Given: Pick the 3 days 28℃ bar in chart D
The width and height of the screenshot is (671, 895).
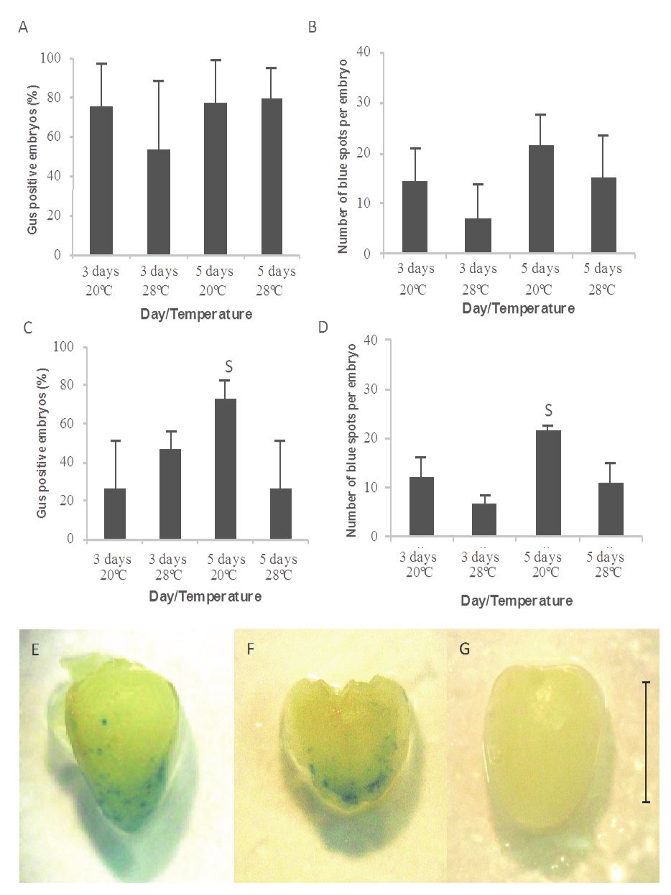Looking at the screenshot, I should point(483,519).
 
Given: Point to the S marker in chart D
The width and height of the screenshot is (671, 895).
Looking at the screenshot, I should point(548,410).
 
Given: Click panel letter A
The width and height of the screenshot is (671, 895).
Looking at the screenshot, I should point(24,28).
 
